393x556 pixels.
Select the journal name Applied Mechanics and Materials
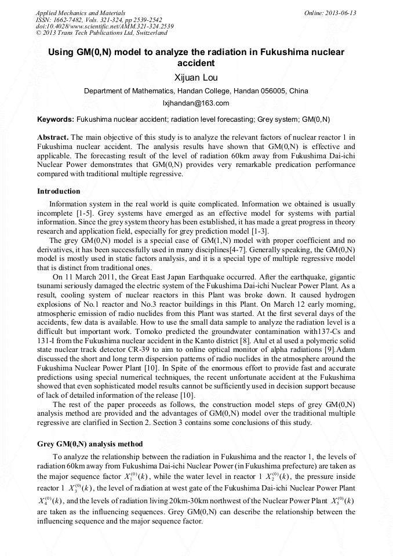coord(73,13)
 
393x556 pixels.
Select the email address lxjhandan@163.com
coord(196,103)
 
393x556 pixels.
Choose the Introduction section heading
coord(59,191)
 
